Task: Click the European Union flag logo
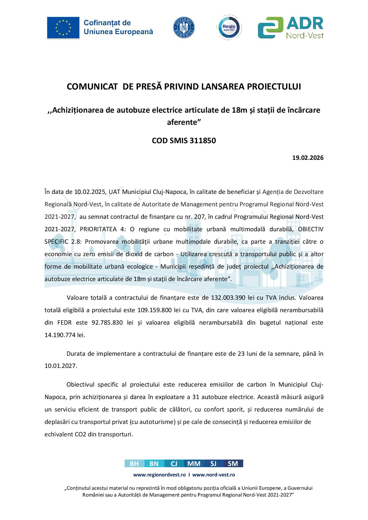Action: point(63,28)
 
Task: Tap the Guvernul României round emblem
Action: point(184,27)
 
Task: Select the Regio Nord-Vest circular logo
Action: point(229,28)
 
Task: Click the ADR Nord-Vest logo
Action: point(291,28)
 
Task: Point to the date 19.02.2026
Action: point(308,158)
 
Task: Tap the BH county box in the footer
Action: point(134,464)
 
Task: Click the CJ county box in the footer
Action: point(174,464)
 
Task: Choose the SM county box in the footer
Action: point(233,464)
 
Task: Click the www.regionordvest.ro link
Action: point(159,475)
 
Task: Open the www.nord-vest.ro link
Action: point(214,475)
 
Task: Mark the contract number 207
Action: point(199,217)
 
